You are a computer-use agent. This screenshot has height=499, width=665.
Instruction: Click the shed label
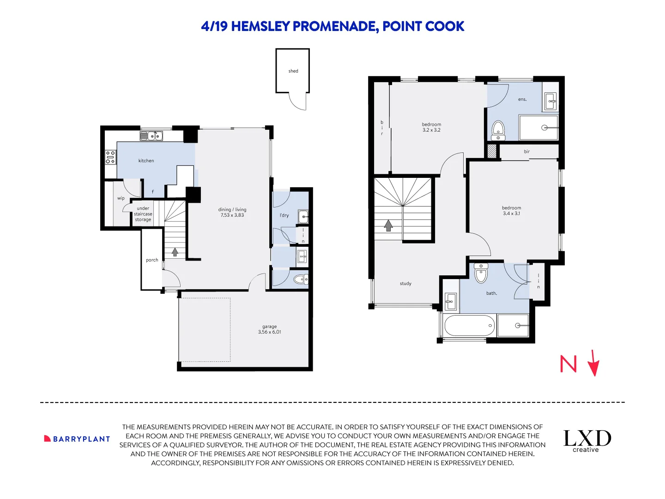click(x=293, y=71)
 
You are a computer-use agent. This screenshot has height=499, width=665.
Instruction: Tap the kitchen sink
click(x=151, y=136)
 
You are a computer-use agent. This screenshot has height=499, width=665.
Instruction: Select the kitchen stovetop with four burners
click(x=110, y=158)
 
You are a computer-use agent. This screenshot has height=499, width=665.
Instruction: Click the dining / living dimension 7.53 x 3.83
click(x=232, y=215)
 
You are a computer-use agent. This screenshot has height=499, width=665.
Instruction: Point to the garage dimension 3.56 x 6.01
click(x=269, y=332)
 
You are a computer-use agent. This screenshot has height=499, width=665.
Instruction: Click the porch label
click(x=152, y=260)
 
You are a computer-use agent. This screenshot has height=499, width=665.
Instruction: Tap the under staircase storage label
click(x=143, y=214)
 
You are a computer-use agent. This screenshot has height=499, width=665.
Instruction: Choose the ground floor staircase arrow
click(x=175, y=252)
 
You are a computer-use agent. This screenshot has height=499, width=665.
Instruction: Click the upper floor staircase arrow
click(x=388, y=225)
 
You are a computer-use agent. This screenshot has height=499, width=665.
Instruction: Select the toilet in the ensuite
click(x=498, y=130)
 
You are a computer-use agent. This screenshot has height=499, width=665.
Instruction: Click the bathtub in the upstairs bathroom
click(x=469, y=326)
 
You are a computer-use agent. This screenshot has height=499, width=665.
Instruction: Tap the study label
click(x=405, y=284)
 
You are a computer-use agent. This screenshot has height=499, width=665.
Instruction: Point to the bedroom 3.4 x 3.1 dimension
click(x=511, y=213)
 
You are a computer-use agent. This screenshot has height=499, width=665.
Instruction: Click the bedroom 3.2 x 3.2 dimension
click(x=431, y=130)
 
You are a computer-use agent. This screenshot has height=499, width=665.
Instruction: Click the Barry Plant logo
click(x=77, y=439)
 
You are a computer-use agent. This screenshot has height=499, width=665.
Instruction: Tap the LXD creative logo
click(x=587, y=440)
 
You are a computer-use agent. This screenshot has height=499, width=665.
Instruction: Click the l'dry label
click(x=284, y=215)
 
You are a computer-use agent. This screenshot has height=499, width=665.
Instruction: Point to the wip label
click(x=121, y=198)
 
